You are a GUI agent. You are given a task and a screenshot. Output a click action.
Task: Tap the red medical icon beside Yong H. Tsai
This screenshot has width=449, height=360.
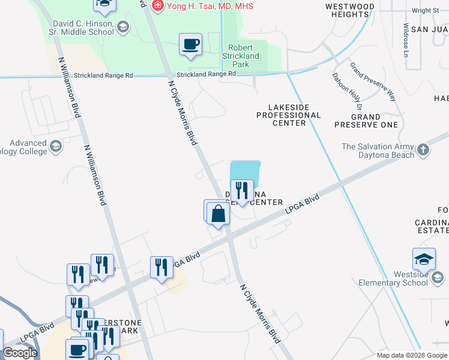tap(158, 6)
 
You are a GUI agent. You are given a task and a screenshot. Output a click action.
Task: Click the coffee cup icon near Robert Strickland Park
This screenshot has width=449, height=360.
tap(191, 45)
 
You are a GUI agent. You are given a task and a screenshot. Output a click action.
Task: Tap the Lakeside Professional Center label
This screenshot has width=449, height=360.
tap(289, 115)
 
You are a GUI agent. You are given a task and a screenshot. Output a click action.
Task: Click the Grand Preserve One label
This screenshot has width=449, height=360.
tap(366, 121)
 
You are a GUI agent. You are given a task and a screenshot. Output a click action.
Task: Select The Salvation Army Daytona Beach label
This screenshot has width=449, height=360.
tap(378, 151)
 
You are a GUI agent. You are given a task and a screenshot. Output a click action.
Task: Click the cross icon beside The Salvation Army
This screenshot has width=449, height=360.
tap(423, 149)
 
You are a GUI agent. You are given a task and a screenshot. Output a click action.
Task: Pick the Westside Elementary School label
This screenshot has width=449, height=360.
tap(394, 278)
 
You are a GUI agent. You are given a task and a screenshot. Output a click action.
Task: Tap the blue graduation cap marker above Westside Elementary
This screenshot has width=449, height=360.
tap(424, 259)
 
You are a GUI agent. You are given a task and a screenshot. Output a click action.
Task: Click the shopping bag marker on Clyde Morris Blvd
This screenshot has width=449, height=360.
tap(218, 214)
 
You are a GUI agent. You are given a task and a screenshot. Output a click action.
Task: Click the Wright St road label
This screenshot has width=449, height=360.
tap(426, 10)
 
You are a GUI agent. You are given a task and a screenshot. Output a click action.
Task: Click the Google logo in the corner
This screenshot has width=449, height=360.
tap(20, 353)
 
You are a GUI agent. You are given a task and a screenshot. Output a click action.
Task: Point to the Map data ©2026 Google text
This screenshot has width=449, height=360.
tap(411, 355)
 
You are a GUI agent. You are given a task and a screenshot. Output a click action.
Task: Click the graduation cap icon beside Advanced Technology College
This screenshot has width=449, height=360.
tap(56, 146)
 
